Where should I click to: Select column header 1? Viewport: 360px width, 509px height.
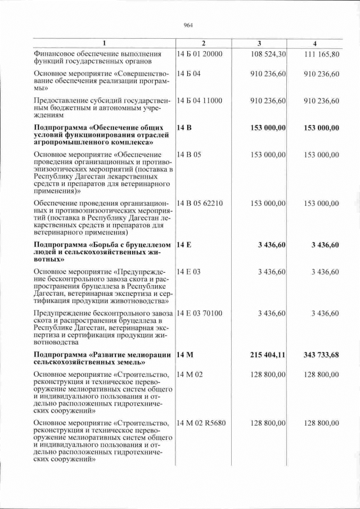click(103, 44)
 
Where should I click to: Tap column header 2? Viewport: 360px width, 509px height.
click(204, 44)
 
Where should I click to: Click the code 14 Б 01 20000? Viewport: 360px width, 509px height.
click(200, 54)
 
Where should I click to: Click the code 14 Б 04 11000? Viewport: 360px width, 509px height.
click(200, 101)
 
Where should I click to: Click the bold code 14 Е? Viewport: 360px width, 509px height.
click(184, 245)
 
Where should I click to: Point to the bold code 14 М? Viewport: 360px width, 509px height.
click(185, 355)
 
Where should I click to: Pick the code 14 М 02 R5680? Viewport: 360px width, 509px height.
click(201, 423)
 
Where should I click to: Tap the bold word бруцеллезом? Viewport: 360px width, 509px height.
click(143, 245)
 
